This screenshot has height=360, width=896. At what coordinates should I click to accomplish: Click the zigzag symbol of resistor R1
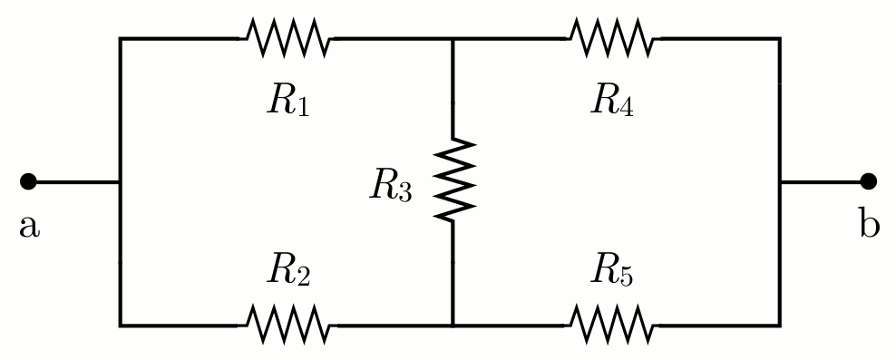tap(287, 38)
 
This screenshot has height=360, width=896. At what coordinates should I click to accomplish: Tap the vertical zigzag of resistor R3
tap(453, 180)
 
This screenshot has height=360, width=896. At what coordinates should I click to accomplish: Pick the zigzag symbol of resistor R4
tap(611, 38)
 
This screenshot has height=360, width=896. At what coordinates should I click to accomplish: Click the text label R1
tap(288, 102)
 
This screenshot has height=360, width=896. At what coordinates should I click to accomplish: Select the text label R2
tap(288, 270)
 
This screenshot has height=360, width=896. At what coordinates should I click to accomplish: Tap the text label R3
tap(391, 185)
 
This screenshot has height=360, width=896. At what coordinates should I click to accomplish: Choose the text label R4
tap(612, 102)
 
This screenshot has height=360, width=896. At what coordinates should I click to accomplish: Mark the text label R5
tap(612, 270)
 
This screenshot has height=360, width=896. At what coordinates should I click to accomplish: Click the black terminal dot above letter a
tap(28, 181)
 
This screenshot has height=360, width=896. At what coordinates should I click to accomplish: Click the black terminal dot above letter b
tap(868, 181)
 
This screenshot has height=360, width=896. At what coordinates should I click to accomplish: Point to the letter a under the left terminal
tap(29, 226)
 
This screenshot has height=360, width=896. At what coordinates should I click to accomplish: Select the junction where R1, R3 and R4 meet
tap(453, 39)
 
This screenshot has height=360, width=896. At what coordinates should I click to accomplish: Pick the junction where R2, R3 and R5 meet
tap(453, 325)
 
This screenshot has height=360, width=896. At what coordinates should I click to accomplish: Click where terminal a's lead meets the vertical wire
tap(120, 181)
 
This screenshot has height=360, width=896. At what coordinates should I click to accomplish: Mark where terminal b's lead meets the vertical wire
tap(779, 181)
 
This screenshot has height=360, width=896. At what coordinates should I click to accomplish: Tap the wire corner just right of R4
tap(779, 39)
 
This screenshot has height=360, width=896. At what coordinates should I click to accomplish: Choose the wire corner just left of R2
tap(120, 325)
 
